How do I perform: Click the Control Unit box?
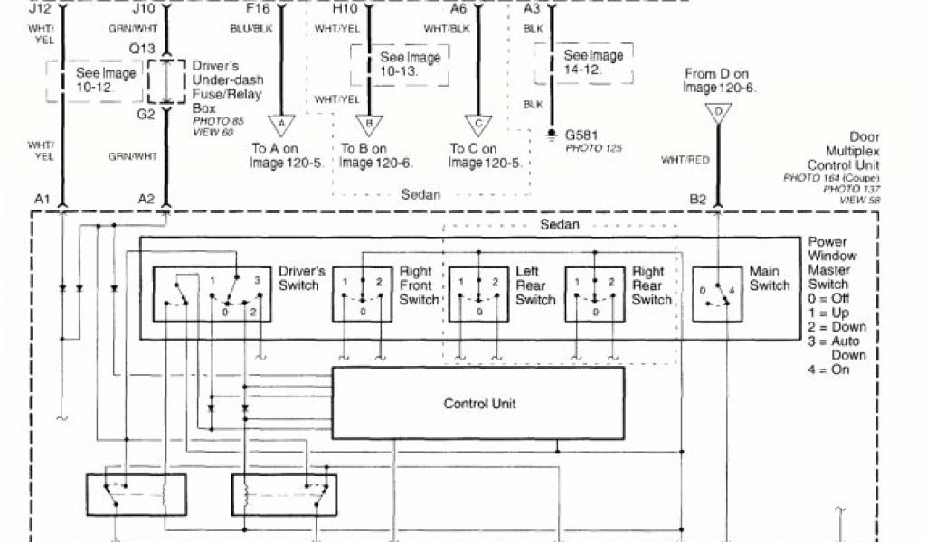click(478, 403)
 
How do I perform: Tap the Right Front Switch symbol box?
click(362, 294)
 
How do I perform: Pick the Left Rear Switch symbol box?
click(479, 294)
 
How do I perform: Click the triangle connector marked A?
click(280, 124)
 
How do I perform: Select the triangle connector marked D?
click(719, 114)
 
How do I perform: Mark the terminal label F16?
click(258, 8)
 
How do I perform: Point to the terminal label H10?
click(345, 8)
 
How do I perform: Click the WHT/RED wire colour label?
click(684, 160)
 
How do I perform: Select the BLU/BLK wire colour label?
click(252, 28)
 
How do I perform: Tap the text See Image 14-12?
click(593, 62)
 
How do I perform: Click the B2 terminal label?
click(697, 199)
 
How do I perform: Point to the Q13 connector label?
click(142, 48)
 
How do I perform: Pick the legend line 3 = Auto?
click(837, 341)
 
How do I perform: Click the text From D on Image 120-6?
click(720, 80)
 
